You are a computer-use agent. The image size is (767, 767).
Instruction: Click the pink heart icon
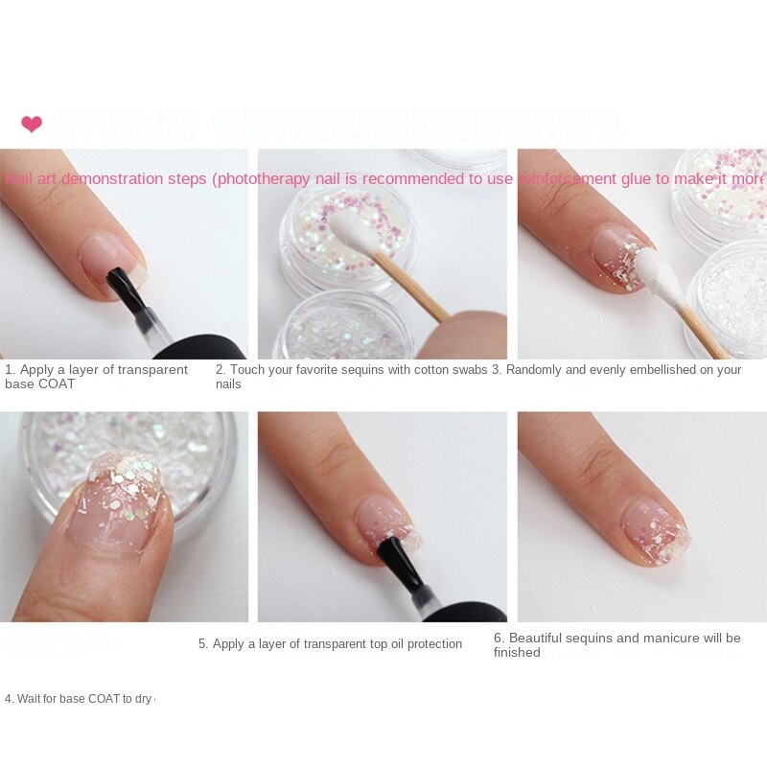pyautogui.click(x=32, y=124)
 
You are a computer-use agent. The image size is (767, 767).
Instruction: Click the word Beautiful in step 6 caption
pyautogui.click(x=540, y=638)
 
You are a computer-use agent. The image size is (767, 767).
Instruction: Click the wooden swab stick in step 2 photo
pyautogui.click(x=412, y=288)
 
